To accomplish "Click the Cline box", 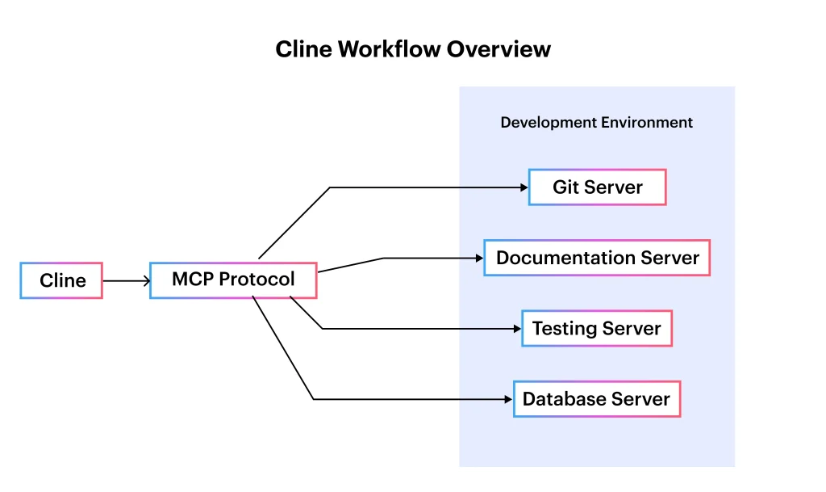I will tap(61, 280).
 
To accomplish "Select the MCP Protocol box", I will tap(233, 280).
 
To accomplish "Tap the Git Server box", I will tap(597, 187).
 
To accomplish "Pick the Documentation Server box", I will tap(597, 258).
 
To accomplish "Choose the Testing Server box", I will tap(597, 329).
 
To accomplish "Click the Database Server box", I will tap(597, 399).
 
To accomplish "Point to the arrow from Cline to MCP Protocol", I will tap(126, 281).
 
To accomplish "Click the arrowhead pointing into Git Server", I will tap(524, 187).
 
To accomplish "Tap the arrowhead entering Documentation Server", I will tap(478, 259).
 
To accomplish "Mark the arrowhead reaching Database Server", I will tap(508, 399).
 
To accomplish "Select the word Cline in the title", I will tap(303, 49).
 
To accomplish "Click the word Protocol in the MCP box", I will tap(257, 280).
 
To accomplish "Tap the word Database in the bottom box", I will tap(564, 399).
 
